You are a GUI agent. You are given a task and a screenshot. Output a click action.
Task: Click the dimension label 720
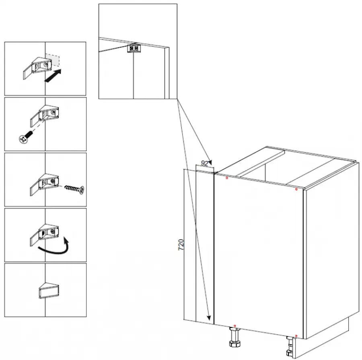(x=181, y=245)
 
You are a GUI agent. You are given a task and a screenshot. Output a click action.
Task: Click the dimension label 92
(x=205, y=163)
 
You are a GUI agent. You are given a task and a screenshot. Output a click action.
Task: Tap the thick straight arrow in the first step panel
(x=53, y=76)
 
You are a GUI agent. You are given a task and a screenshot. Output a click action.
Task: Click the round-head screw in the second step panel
(x=25, y=137)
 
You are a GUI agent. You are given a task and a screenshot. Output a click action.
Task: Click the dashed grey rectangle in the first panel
(x=52, y=59)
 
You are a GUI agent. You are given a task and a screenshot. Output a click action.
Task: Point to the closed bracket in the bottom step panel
(x=49, y=290)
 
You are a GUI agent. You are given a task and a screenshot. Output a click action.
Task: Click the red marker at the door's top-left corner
(x=227, y=178)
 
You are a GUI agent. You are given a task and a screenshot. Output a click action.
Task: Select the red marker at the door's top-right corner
(x=296, y=189)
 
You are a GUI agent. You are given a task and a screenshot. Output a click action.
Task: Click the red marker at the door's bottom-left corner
(x=235, y=326)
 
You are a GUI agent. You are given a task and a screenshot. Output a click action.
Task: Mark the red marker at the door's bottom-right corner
(x=296, y=336)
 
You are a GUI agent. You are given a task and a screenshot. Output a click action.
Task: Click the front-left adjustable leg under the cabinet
(x=235, y=337)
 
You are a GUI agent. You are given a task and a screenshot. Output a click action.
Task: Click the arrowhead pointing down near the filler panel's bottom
(x=209, y=318)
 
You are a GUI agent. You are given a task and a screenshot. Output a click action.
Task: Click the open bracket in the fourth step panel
(x=44, y=235)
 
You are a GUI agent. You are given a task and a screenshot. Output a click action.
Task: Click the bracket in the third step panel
(x=44, y=184)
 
